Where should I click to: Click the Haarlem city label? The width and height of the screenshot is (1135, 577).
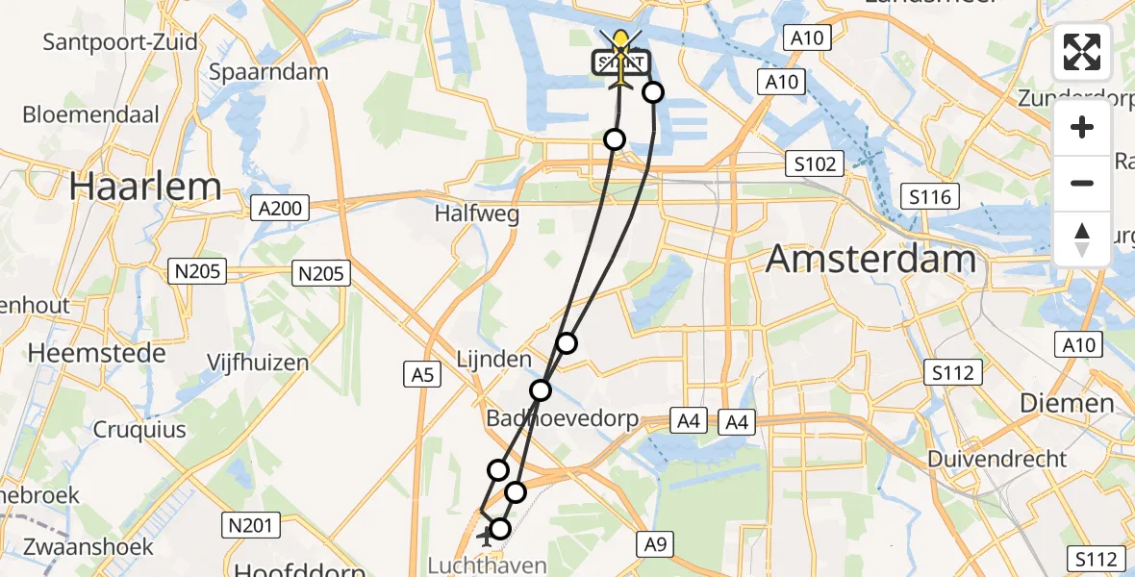[144, 186]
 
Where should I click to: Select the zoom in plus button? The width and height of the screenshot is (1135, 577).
[1082, 127]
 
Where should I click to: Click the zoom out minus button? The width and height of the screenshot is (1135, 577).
[1082, 183]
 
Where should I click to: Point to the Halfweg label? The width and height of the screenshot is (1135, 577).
[476, 213]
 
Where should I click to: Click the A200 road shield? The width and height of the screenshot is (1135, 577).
[280, 207]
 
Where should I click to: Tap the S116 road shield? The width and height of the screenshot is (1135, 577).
[929, 198]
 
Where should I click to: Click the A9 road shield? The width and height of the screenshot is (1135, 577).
[655, 544]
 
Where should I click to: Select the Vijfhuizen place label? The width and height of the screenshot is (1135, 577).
[258, 363]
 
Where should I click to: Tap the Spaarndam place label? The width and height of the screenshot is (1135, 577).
[268, 72]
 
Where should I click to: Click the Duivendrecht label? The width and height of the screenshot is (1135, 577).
[997, 459]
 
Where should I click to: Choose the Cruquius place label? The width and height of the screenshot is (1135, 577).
[139, 429]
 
